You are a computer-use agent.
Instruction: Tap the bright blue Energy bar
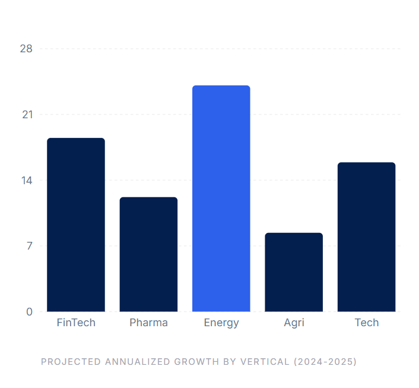[x=221, y=198]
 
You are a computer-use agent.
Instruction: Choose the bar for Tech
[x=366, y=237]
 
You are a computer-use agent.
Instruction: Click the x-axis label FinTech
[x=76, y=323]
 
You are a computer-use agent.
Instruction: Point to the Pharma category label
[x=148, y=323]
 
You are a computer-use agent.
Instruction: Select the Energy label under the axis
[x=221, y=323]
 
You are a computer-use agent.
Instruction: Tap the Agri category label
[x=294, y=323]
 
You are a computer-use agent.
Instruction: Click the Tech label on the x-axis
[x=366, y=323]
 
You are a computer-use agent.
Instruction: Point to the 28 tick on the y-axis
[x=26, y=49]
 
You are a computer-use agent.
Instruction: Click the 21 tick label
[x=27, y=115]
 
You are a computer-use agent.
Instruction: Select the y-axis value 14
[x=26, y=180]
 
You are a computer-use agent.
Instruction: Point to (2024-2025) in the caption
[x=325, y=361]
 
